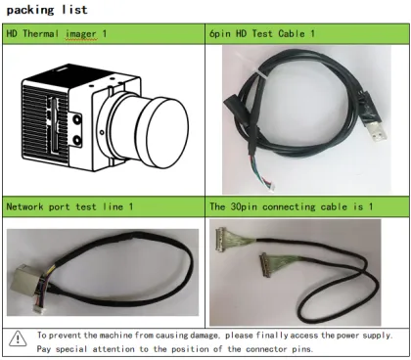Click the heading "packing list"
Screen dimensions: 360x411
pyautogui.click(x=46, y=10)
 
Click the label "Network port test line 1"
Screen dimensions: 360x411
pyautogui.click(x=68, y=207)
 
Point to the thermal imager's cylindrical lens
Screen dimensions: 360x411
pyautogui.click(x=156, y=129)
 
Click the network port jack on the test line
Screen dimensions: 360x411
pyautogui.click(x=21, y=273)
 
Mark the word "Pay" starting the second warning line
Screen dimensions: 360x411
pyautogui.click(x=45, y=347)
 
